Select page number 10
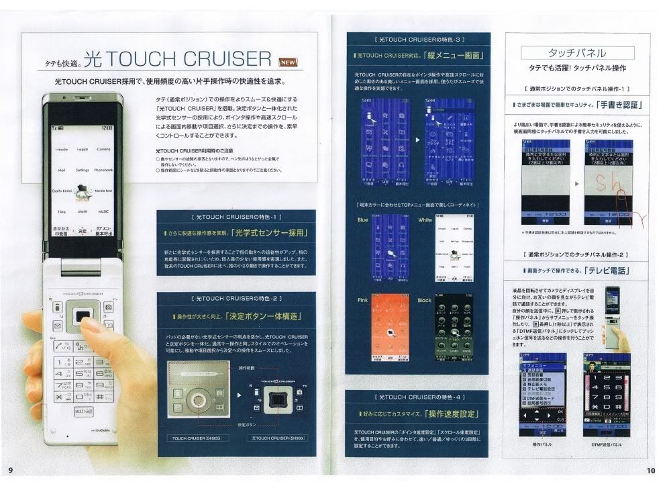click(x=650, y=471)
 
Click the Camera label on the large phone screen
click(x=103, y=149)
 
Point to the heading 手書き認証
click(x=613, y=105)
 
